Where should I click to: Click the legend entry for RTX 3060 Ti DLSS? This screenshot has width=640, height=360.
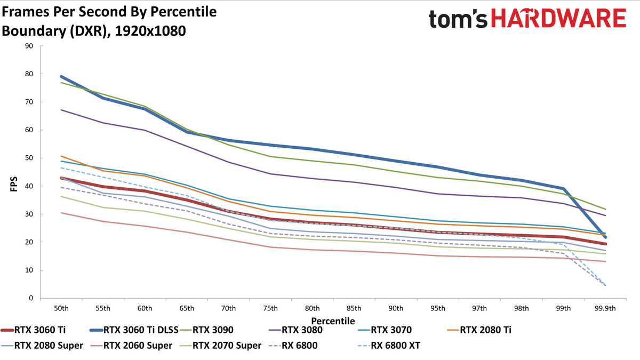click(134, 330)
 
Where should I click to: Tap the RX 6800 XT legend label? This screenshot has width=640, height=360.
click(389, 346)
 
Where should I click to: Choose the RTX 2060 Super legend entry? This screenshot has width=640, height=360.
click(131, 346)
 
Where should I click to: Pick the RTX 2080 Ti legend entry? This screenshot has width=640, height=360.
click(479, 330)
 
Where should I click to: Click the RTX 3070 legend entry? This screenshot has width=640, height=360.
click(385, 330)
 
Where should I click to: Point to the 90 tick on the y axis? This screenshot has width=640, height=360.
click(29, 46)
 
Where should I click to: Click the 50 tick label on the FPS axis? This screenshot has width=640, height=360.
click(29, 158)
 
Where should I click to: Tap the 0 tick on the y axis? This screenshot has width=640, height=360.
click(31, 298)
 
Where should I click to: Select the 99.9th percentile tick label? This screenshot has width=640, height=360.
click(605, 309)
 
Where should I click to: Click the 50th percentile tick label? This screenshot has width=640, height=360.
click(61, 309)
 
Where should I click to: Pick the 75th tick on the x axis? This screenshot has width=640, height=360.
click(270, 309)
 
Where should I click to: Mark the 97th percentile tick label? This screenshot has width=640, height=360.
click(479, 309)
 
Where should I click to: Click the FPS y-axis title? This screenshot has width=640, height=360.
click(14, 184)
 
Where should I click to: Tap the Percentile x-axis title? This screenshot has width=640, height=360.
click(333, 321)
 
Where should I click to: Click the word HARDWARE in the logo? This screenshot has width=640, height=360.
click(558, 18)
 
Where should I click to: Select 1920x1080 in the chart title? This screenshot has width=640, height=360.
click(150, 31)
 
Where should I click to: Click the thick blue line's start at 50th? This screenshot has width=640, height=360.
click(61, 77)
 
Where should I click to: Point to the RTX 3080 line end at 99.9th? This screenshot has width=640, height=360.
click(605, 215)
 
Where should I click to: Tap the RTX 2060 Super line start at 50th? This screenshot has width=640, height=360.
click(61, 213)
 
